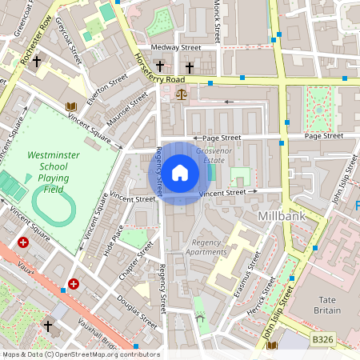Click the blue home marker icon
pyautogui.click(x=180, y=173)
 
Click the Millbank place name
pyautogui.click(x=282, y=217)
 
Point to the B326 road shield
pyautogui.click(x=322, y=340)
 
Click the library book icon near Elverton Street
pyautogui.click(x=70, y=106)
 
